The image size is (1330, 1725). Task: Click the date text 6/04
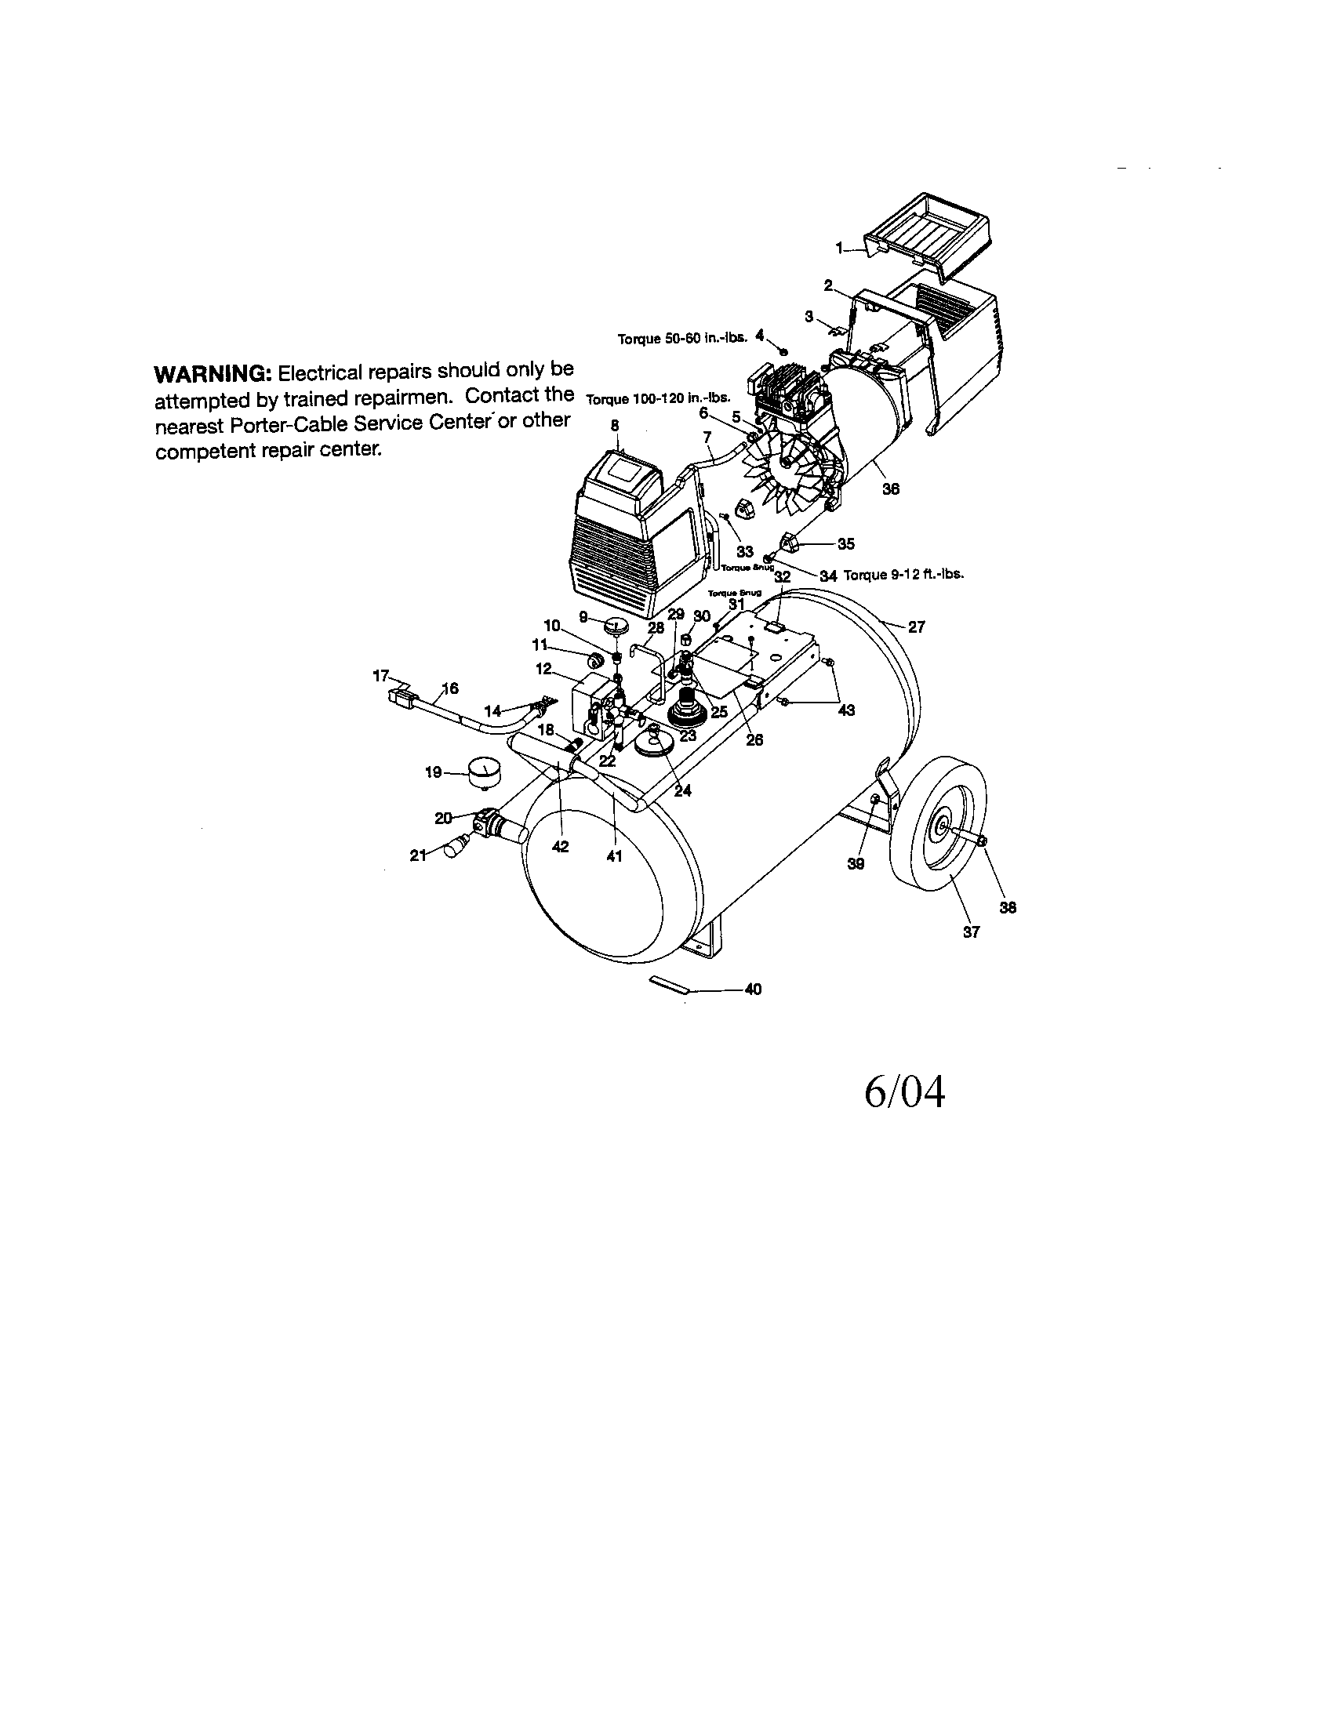pyautogui.click(x=904, y=1093)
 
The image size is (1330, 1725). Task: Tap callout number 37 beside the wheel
pyautogui.click(x=971, y=932)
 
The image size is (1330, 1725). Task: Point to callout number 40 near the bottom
pyautogui.click(x=753, y=989)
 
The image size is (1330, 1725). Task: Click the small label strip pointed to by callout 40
pyautogui.click(x=669, y=985)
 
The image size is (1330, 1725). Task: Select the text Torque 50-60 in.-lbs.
pyautogui.click(x=681, y=339)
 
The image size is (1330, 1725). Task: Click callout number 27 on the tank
pyautogui.click(x=916, y=627)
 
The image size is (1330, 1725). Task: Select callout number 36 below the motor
pyautogui.click(x=890, y=489)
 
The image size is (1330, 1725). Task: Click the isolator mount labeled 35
pyautogui.click(x=790, y=543)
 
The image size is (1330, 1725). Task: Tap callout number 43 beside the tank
pyautogui.click(x=846, y=710)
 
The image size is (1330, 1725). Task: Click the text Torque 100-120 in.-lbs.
pyautogui.click(x=657, y=398)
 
